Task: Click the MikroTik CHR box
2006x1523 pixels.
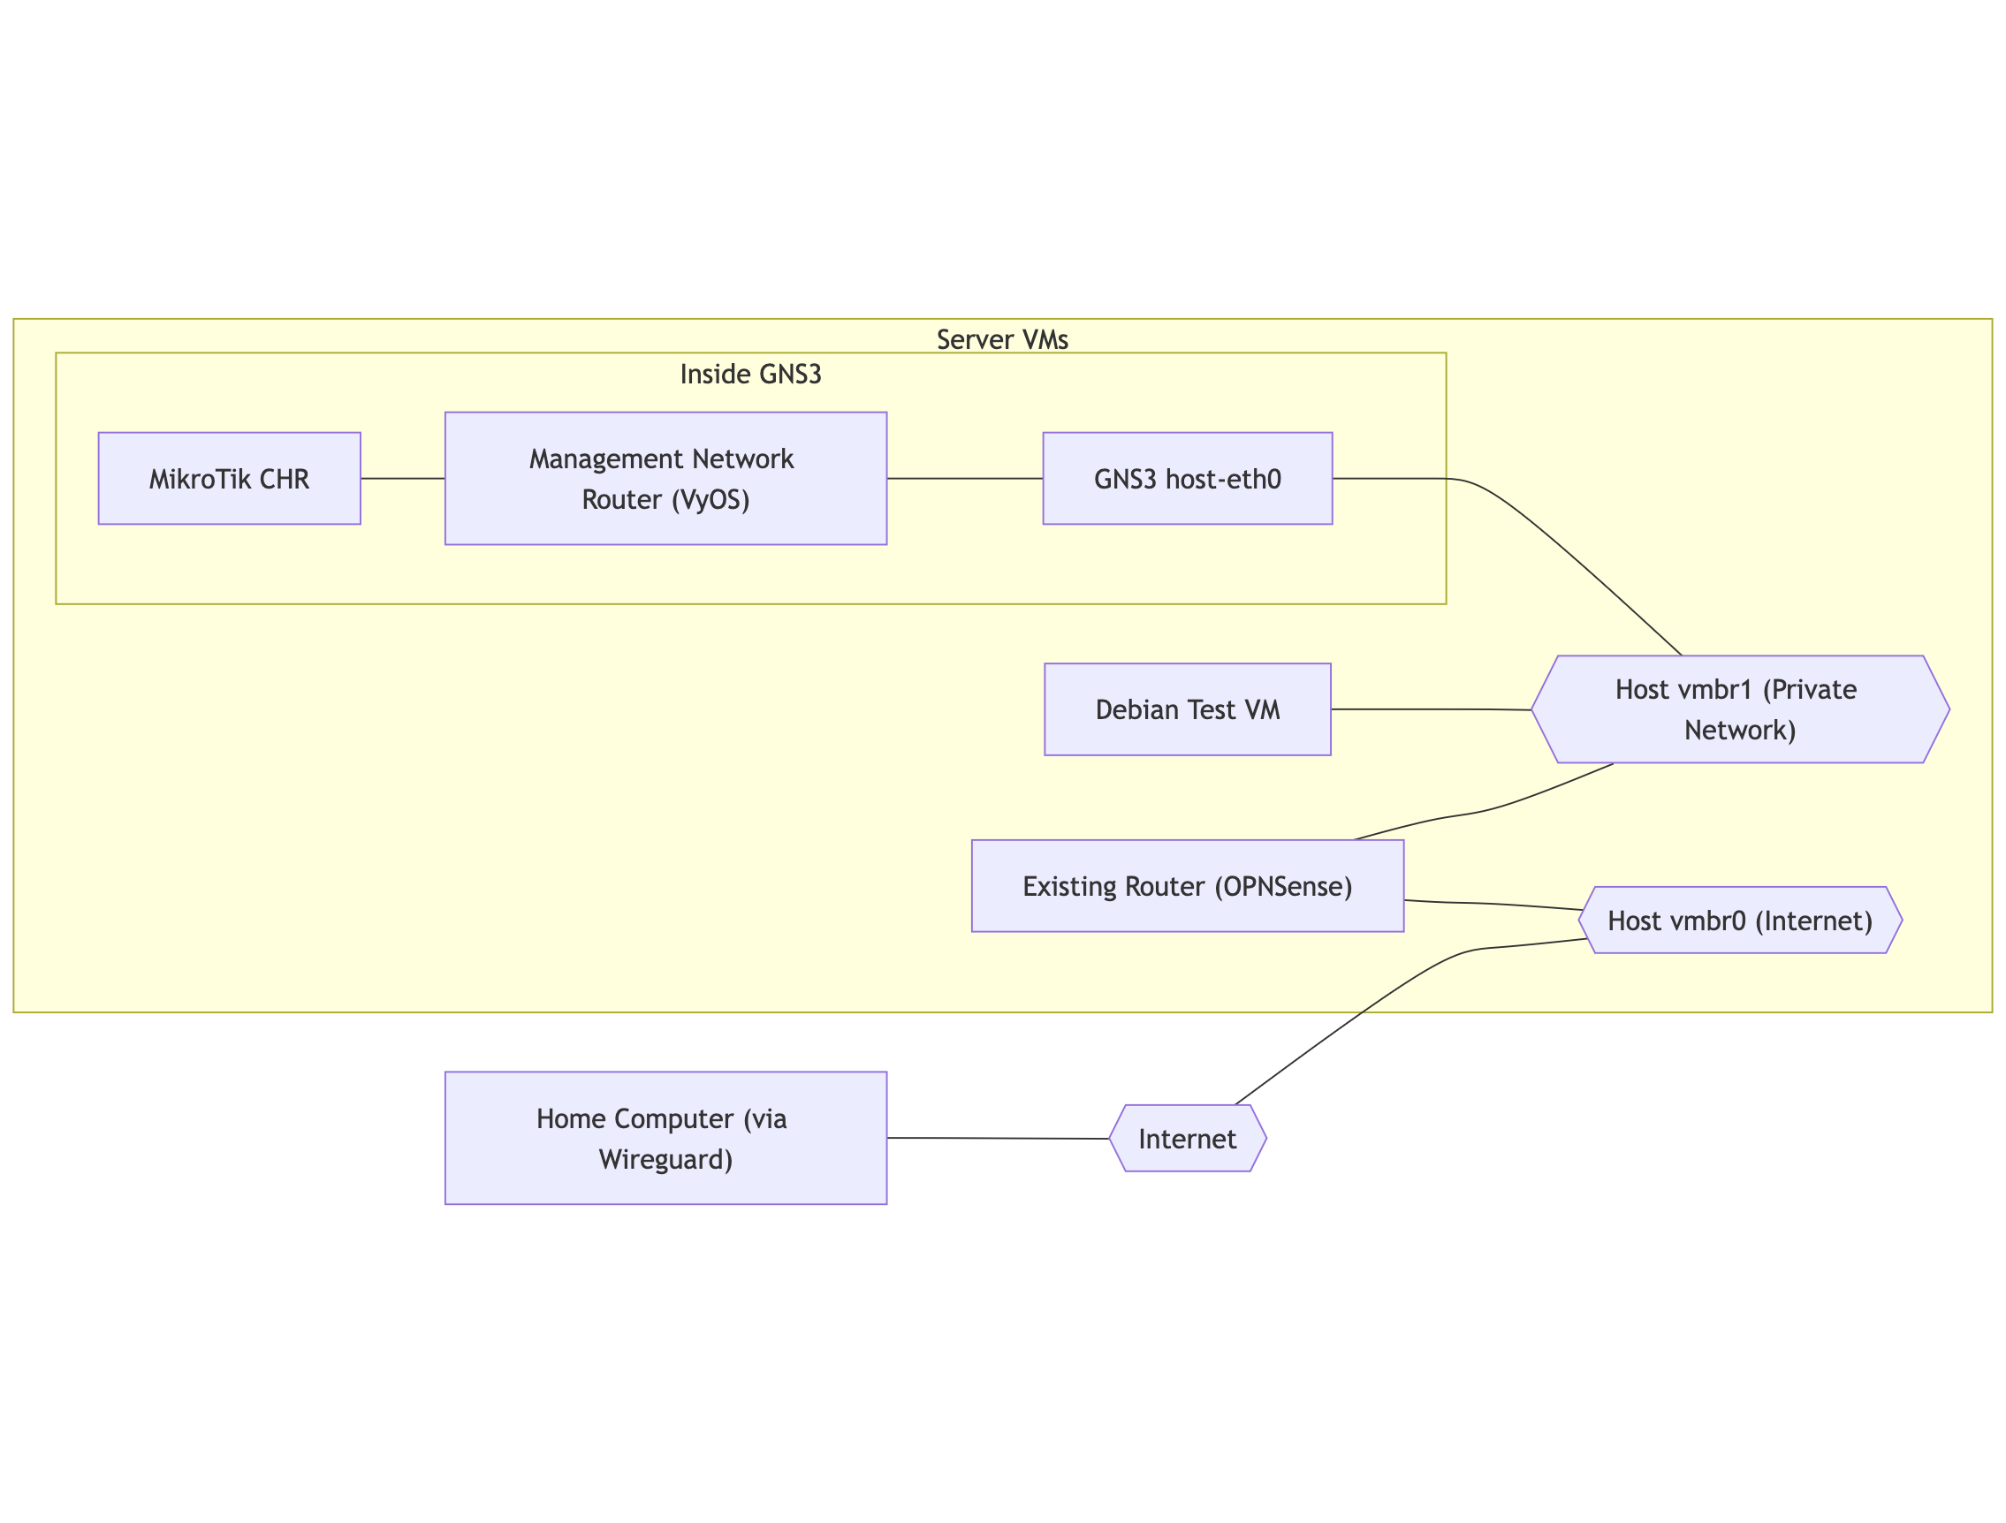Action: tap(230, 479)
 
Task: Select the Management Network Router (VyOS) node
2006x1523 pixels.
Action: tap(665, 479)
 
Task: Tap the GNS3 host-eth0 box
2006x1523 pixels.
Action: tap(1187, 479)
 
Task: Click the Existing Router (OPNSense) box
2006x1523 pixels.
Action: tap(1187, 887)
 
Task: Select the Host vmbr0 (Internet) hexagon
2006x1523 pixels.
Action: tap(1740, 921)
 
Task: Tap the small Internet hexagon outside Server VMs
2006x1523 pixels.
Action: tap(1187, 1139)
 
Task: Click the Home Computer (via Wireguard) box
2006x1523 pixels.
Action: tap(665, 1139)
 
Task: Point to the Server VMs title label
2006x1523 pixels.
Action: tap(1002, 340)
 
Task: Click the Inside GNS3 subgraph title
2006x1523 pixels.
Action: tap(751, 375)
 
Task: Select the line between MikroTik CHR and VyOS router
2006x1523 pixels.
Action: tap(403, 479)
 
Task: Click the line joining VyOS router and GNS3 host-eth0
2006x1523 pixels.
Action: tap(965, 479)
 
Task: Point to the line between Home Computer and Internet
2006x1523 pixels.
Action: tap(998, 1139)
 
